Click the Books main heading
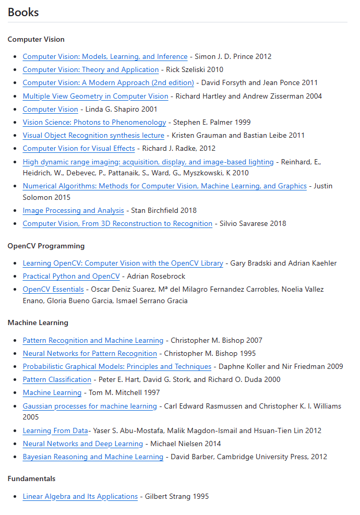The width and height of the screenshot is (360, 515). click(x=23, y=12)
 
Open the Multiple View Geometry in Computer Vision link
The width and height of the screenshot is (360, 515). click(x=95, y=96)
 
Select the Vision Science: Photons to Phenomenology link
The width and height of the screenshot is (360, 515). click(x=94, y=122)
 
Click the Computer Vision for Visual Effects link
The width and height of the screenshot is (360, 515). click(x=79, y=148)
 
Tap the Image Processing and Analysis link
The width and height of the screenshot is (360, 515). click(x=73, y=210)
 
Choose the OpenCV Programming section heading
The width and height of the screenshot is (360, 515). click(x=46, y=246)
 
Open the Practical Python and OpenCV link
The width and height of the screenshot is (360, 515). click(x=71, y=276)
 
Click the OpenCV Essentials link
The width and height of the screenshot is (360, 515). click(x=53, y=289)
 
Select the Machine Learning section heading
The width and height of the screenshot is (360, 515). click(x=38, y=322)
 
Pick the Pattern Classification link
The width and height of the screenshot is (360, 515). click(x=57, y=379)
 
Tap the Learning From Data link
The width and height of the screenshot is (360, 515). click(x=55, y=430)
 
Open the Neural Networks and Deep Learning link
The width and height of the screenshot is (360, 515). click(x=82, y=444)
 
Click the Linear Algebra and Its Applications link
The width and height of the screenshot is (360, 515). click(x=80, y=496)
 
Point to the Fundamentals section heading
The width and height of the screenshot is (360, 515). click(x=31, y=478)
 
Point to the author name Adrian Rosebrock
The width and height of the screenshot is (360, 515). click(x=156, y=276)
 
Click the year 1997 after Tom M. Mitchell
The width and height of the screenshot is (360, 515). click(x=151, y=392)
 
